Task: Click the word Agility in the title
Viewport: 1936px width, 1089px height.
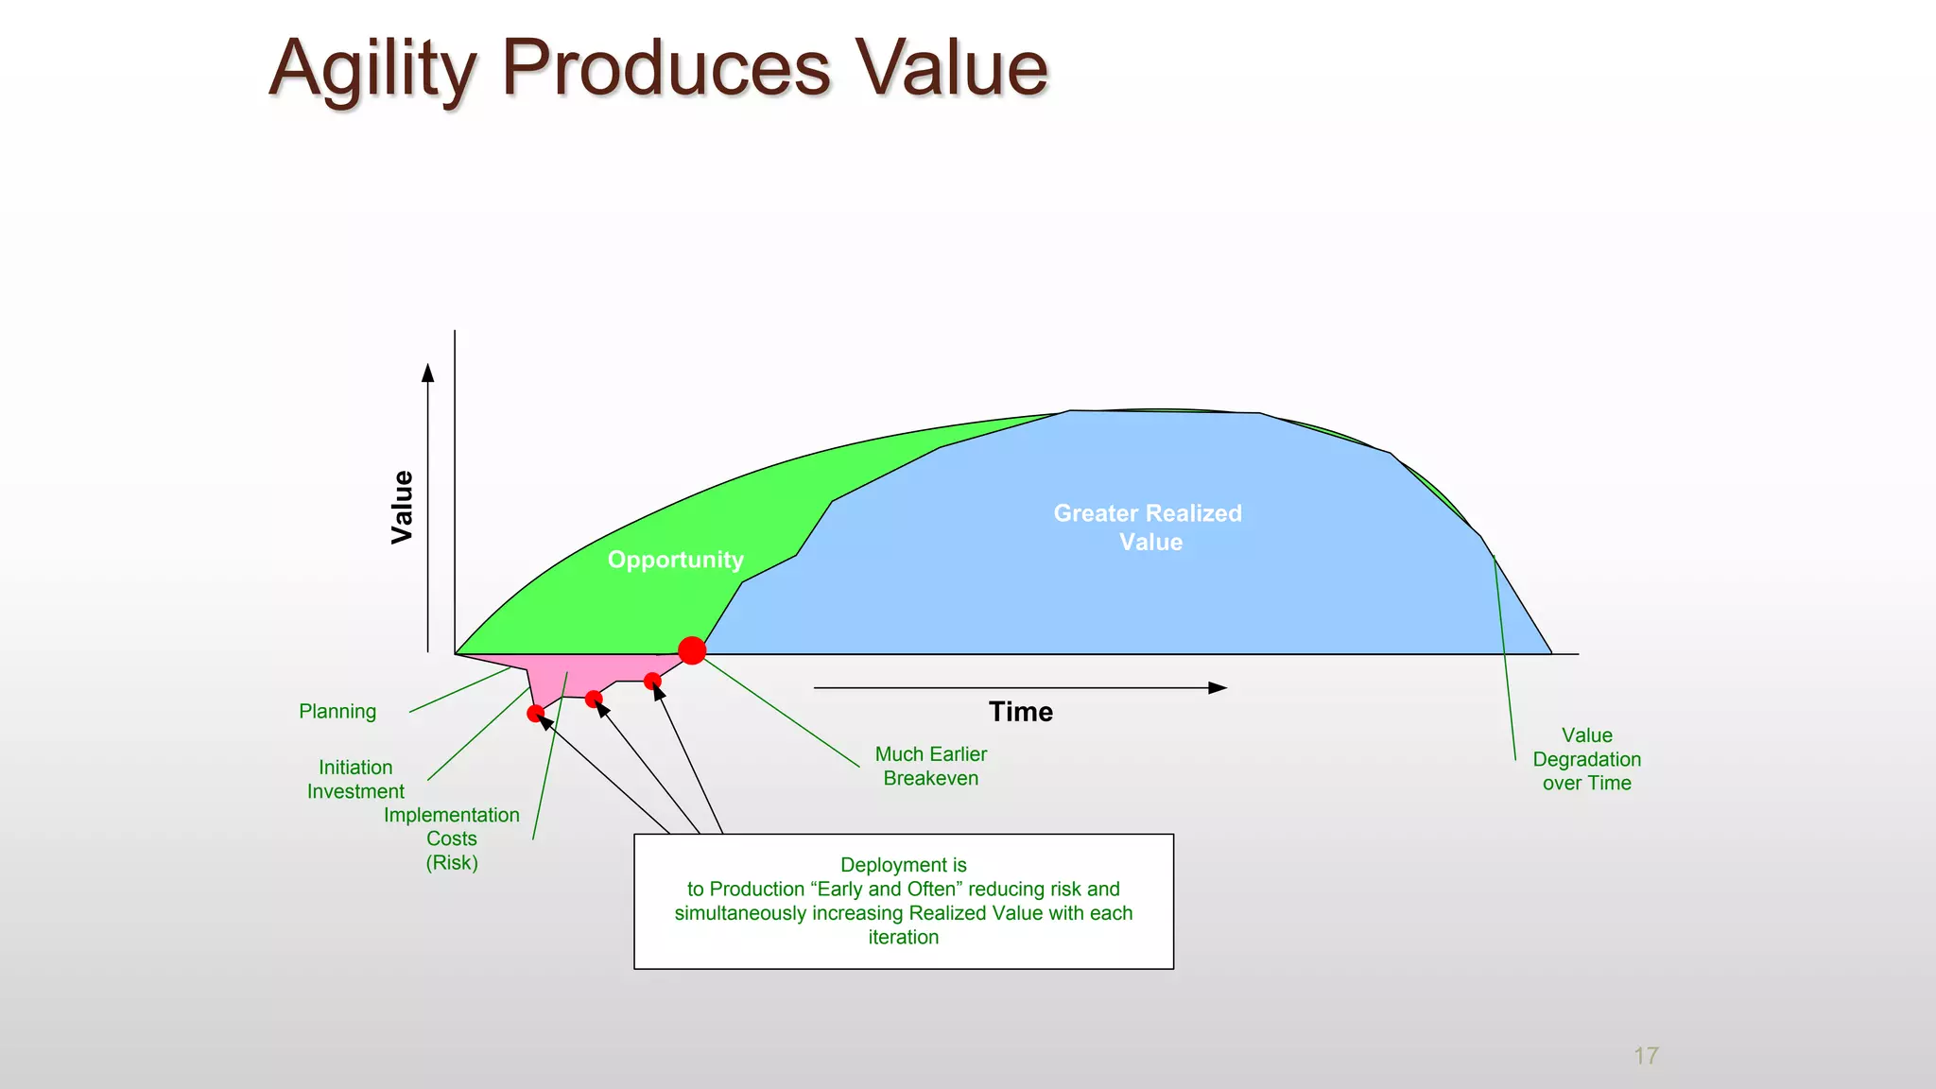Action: pyautogui.click(x=373, y=69)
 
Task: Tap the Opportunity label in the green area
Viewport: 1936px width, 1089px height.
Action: pyautogui.click(x=675, y=560)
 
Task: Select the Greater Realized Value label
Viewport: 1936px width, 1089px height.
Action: pyautogui.click(x=1148, y=527)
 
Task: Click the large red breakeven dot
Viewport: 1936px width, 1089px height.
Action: pyautogui.click(x=692, y=650)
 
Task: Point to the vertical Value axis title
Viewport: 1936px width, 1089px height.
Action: pyautogui.click(x=402, y=507)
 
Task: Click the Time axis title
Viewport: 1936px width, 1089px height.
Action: pyautogui.click(x=1020, y=712)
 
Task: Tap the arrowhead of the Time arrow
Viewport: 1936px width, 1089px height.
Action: pyautogui.click(x=1219, y=688)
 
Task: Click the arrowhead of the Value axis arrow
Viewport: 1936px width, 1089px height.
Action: pyautogui.click(x=428, y=372)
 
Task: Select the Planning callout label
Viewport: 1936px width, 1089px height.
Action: pyautogui.click(x=337, y=712)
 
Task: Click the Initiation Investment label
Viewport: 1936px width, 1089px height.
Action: pyautogui.click(x=355, y=780)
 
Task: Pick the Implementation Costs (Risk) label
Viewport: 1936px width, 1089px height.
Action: pyautogui.click(x=452, y=838)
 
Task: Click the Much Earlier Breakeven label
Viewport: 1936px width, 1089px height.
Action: pyautogui.click(x=930, y=767)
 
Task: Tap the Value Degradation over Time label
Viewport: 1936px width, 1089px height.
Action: pyautogui.click(x=1586, y=759)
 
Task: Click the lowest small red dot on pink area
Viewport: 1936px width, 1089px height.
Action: pyautogui.click(x=536, y=714)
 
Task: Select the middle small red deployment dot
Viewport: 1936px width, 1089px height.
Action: pyautogui.click(x=594, y=699)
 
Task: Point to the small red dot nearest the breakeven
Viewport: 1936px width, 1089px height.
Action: pyautogui.click(x=652, y=681)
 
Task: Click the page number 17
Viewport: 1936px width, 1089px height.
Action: pyautogui.click(x=1646, y=1056)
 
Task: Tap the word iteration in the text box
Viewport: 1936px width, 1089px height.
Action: pyautogui.click(x=903, y=938)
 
